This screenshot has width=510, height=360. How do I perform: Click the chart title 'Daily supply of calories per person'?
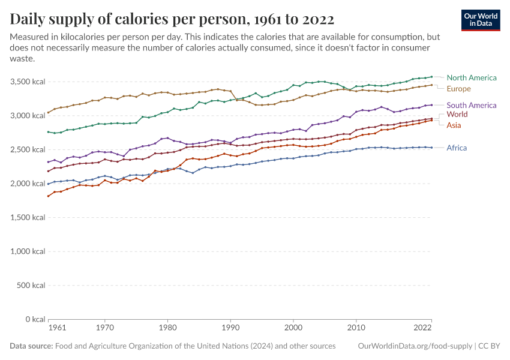point(172,19)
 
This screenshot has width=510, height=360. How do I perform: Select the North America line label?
point(472,77)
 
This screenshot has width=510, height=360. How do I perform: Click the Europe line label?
point(459,89)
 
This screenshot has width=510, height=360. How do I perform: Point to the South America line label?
point(472,105)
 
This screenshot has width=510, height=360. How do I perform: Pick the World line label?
point(457,114)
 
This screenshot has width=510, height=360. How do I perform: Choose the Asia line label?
point(454,125)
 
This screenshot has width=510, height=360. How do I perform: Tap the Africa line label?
point(457,148)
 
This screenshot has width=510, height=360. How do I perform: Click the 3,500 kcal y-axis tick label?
point(28,82)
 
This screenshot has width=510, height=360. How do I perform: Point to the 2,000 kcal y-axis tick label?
point(28,184)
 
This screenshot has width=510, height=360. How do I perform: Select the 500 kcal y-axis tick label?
point(31,286)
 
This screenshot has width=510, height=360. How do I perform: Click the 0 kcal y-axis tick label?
point(34,319)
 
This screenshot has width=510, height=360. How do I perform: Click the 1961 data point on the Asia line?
point(49,196)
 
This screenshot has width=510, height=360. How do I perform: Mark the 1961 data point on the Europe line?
point(49,112)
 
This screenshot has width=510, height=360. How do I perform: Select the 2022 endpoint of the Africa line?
point(431,148)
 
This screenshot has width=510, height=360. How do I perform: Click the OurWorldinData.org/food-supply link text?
point(415,346)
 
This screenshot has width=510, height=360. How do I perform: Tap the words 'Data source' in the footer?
point(31,346)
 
